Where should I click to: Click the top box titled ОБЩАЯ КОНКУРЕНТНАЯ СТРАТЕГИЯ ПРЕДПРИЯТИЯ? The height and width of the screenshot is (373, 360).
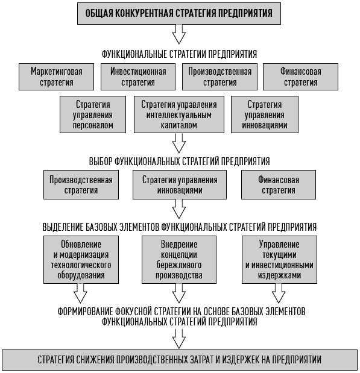(179, 13)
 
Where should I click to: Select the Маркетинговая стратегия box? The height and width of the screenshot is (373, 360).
(57, 77)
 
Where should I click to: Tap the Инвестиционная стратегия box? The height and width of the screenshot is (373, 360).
(138, 77)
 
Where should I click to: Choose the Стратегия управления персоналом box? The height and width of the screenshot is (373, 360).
(93, 114)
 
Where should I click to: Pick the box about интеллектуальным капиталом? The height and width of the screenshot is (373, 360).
(179, 114)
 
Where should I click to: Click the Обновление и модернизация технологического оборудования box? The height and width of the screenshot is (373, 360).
(81, 260)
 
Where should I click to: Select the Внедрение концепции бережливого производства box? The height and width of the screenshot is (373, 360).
(179, 260)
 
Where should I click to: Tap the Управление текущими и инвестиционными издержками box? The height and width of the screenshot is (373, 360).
(280, 260)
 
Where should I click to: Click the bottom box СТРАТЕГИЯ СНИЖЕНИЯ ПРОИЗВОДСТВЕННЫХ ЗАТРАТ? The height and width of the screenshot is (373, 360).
(180, 360)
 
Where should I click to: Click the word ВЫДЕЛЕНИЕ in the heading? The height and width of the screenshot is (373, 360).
(61, 227)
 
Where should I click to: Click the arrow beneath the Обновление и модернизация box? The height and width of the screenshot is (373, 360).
(80, 293)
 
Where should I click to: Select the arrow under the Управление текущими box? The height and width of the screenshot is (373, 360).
(279, 293)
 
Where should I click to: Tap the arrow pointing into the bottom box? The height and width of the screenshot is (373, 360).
(179, 339)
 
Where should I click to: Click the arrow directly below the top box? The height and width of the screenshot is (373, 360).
(179, 34)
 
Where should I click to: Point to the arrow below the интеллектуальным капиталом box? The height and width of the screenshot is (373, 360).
(179, 143)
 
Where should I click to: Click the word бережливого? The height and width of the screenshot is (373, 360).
(179, 265)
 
